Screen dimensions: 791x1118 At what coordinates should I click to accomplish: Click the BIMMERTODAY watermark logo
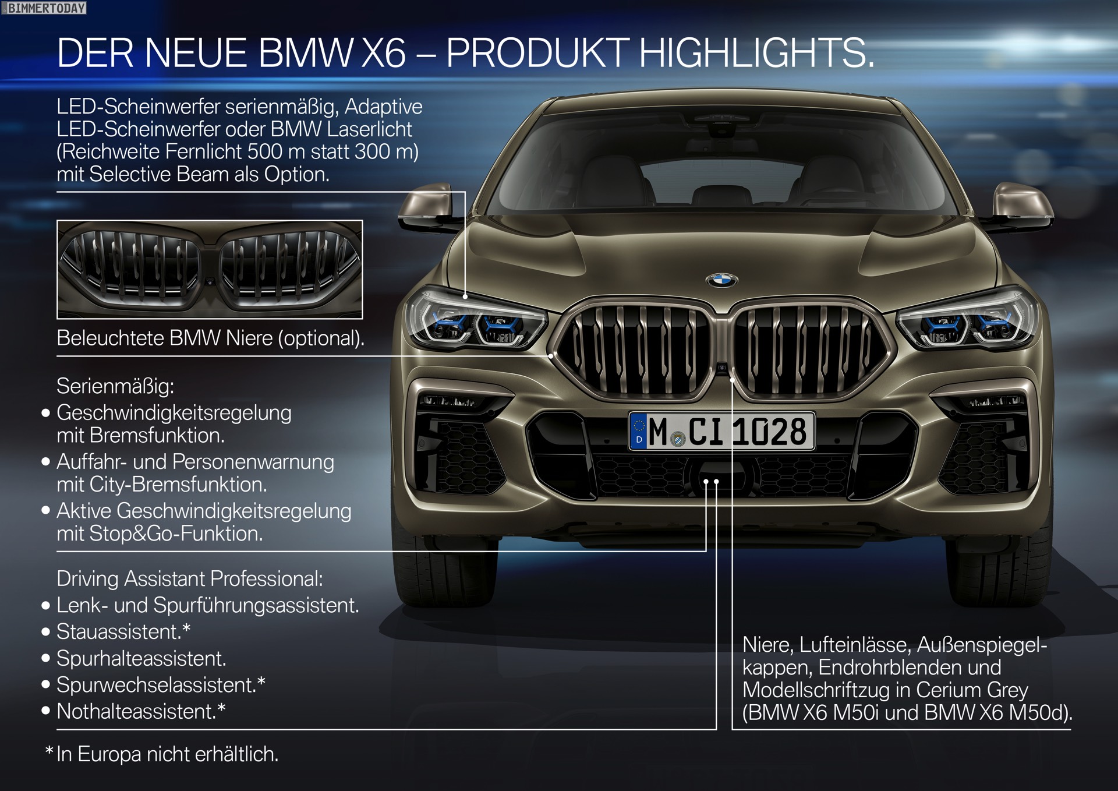click(44, 8)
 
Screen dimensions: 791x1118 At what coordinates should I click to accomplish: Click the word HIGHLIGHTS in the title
click(756, 54)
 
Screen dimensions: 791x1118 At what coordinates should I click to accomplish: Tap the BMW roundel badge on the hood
click(721, 280)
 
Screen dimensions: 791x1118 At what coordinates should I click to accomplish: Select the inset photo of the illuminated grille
click(210, 269)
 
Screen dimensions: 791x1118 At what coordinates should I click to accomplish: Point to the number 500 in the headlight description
click(265, 152)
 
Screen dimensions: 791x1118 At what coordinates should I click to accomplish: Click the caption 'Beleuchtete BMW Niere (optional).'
click(210, 338)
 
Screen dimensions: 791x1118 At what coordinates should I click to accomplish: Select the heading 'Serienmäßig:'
click(115, 386)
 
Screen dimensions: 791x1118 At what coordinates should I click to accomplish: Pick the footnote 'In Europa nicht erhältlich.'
click(167, 755)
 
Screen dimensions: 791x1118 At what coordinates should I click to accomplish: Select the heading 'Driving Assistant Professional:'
click(189, 579)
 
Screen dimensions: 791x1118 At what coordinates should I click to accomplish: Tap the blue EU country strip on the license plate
click(639, 431)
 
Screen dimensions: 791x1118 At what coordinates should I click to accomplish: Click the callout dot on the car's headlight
click(465, 296)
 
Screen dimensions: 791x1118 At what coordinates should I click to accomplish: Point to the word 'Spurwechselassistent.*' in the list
click(161, 686)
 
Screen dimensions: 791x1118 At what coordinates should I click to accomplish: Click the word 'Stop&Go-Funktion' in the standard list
click(175, 534)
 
